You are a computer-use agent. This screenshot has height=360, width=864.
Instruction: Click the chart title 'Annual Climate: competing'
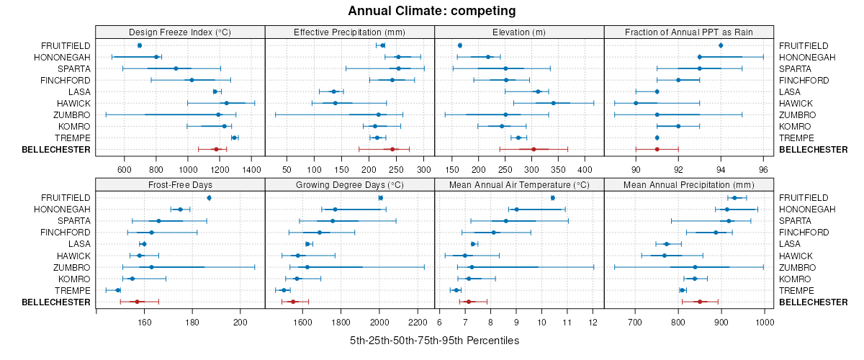[x=431, y=11]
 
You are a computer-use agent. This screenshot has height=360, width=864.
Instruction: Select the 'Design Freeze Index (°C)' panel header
[x=180, y=32]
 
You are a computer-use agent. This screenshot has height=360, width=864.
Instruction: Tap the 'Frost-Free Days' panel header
[x=180, y=184]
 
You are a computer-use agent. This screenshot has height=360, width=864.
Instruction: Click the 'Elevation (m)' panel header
[x=519, y=32]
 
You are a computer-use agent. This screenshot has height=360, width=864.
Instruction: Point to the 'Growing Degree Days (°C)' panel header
[x=350, y=184]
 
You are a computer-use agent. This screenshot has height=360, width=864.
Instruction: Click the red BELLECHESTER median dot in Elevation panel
[x=534, y=149]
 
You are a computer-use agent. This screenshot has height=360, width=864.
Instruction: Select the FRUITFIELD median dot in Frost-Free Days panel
[x=209, y=198]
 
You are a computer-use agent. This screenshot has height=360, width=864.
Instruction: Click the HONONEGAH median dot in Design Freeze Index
[x=156, y=57]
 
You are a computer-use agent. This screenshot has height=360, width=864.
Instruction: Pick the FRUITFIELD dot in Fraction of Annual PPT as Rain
[x=721, y=45]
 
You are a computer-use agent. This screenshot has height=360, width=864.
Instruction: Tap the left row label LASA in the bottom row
[x=79, y=244]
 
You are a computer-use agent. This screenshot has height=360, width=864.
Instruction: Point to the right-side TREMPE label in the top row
[x=794, y=138]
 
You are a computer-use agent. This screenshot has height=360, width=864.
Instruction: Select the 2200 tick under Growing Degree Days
[x=418, y=322]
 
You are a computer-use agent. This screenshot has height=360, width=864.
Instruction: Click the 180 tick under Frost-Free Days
[x=192, y=322]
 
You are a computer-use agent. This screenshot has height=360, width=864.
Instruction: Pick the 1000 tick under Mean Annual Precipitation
[x=764, y=322]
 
